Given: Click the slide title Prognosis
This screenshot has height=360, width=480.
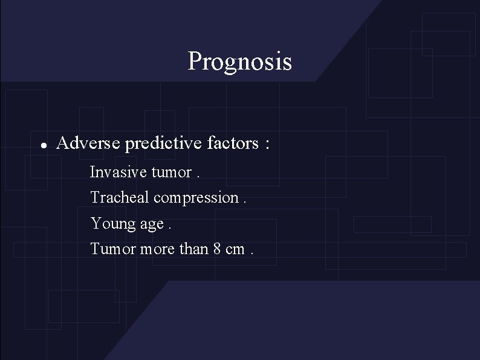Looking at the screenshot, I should click(239, 62).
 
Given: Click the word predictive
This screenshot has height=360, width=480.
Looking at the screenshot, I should click(161, 144).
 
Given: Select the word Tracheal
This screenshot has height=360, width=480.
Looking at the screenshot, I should click(120, 197).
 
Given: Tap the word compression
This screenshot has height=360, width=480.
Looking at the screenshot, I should click(196, 198).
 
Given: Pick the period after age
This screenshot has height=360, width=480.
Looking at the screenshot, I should click(169, 228).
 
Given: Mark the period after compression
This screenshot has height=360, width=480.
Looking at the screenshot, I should click(244, 201).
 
